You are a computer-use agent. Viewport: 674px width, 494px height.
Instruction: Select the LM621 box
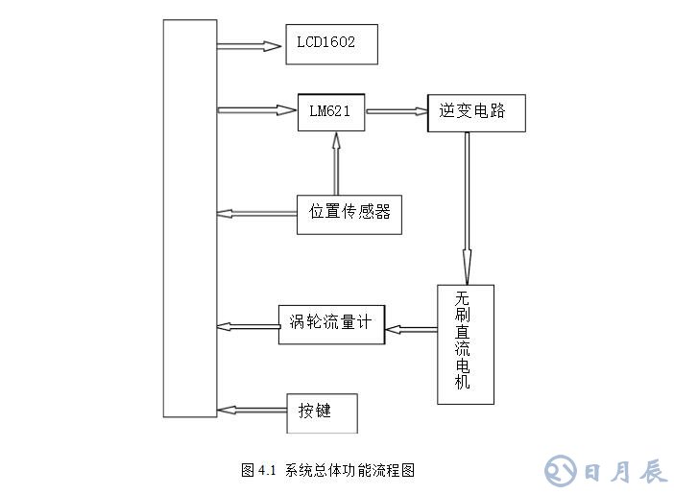tap(330, 112)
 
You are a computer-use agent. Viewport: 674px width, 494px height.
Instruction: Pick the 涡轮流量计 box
tap(331, 323)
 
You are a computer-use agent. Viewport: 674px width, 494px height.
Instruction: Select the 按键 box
tap(323, 411)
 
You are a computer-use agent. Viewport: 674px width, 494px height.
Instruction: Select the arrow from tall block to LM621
tap(256, 110)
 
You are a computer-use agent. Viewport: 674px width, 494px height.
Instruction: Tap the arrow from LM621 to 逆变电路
tap(396, 111)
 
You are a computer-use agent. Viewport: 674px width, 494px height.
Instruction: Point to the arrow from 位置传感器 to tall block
tap(256, 213)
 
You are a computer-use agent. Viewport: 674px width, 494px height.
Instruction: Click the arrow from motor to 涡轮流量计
tap(410, 329)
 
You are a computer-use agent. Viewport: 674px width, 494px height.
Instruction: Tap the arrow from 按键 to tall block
tap(252, 410)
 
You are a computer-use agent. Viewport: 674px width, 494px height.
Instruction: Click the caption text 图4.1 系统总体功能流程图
tap(327, 470)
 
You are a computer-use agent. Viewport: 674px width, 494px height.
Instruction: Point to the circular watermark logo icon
tap(562, 470)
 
